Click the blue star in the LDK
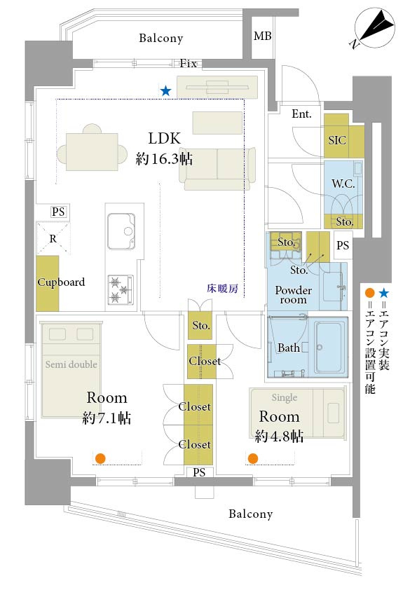coord(165,90)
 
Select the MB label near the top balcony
coord(263,36)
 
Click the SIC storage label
coord(337,140)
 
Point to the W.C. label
coord(343,186)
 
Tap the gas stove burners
coord(120,289)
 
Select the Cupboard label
coord(61,282)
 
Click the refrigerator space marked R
coord(53,238)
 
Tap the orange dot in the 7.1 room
coord(100,458)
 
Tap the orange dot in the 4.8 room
coord(252,458)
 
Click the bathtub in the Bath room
coord(330,347)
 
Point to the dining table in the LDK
coord(92,148)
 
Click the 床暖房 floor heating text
coord(221,287)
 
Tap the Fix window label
coord(188,64)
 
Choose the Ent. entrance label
coord(301,114)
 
